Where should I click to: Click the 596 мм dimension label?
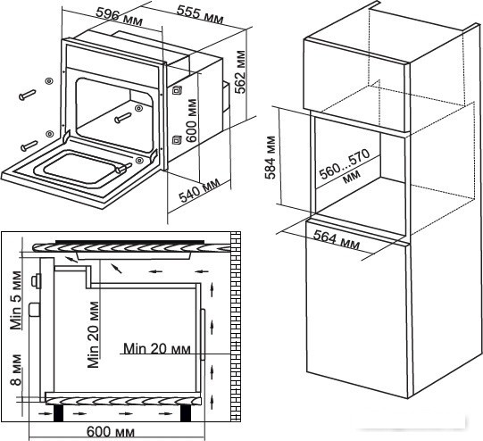tap(120, 17)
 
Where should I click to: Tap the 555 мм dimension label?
tap(200, 15)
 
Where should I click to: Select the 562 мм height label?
tap(240, 71)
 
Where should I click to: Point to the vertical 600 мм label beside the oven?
tap(191, 121)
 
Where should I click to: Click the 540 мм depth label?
tap(200, 190)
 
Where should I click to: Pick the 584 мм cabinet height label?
tap(271, 157)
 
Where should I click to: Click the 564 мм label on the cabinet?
tap(337, 240)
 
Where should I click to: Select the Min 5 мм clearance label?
tap(16, 300)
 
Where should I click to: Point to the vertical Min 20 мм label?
tap(93, 335)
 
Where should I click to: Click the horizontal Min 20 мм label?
tap(157, 349)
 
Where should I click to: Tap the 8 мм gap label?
tap(16, 370)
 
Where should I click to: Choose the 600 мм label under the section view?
tap(111, 432)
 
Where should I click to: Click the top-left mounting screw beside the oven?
tap(28, 95)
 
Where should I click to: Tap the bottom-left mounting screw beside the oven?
tap(29, 146)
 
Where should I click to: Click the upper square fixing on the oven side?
tap(177, 90)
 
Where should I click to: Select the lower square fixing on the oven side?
tap(177, 139)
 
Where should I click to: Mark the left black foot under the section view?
tap(58, 413)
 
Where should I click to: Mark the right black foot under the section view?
tap(185, 413)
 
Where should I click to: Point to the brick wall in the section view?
tap(236, 327)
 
